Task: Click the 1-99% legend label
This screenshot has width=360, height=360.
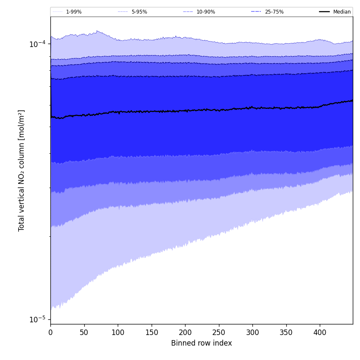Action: tap(74, 12)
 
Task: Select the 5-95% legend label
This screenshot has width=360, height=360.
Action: tap(139, 12)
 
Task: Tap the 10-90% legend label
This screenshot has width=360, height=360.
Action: tap(205, 12)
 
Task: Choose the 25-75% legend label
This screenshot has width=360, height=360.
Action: tap(274, 12)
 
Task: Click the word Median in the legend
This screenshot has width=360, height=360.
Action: tap(342, 12)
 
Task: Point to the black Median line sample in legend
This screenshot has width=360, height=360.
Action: tap(324, 12)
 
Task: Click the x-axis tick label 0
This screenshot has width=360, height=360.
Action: tap(50, 333)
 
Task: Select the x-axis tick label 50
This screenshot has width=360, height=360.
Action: tap(84, 333)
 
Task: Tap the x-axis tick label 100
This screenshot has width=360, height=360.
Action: tap(118, 333)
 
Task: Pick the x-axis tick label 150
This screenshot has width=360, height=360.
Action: tap(151, 333)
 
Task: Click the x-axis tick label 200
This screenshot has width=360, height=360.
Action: tap(185, 333)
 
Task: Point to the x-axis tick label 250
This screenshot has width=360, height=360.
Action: tap(219, 333)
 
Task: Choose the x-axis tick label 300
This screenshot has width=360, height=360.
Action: tap(252, 333)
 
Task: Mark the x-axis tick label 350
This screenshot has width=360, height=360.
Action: tap(286, 333)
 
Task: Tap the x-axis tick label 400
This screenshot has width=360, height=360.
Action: tap(320, 333)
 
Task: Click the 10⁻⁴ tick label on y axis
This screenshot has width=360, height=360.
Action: tap(37, 44)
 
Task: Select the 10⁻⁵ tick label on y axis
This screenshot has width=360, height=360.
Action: tap(37, 319)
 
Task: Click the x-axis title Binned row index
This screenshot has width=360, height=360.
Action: tap(202, 343)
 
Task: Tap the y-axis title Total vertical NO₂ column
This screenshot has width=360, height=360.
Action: tap(22, 170)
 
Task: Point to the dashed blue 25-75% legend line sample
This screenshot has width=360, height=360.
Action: tap(256, 12)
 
